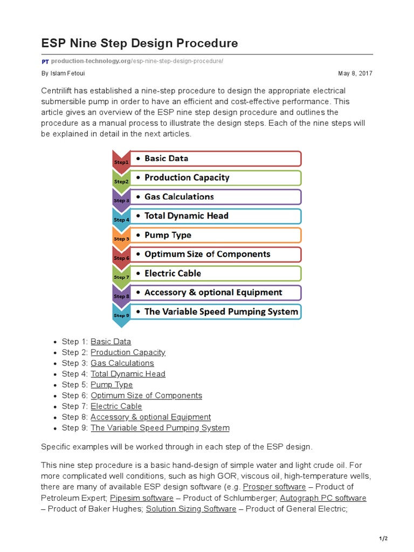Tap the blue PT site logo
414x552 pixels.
tap(45, 61)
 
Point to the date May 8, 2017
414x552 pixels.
tap(355, 73)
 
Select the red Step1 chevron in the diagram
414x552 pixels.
tap(120, 160)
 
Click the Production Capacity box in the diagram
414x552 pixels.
tap(216, 177)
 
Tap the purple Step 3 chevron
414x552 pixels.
tap(120, 198)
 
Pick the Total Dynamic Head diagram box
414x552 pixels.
tap(216, 216)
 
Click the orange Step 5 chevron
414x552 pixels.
tap(120, 237)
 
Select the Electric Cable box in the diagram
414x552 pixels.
tap(216, 273)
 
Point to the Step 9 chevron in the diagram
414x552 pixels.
tap(120, 314)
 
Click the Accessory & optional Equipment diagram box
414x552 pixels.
tap(216, 292)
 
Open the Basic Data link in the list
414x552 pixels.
tap(111, 341)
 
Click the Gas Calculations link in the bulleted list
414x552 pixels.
tap(122, 363)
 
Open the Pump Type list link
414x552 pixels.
tap(112, 384)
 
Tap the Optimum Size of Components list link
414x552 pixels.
tap(146, 395)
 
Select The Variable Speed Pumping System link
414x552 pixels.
tap(160, 427)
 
